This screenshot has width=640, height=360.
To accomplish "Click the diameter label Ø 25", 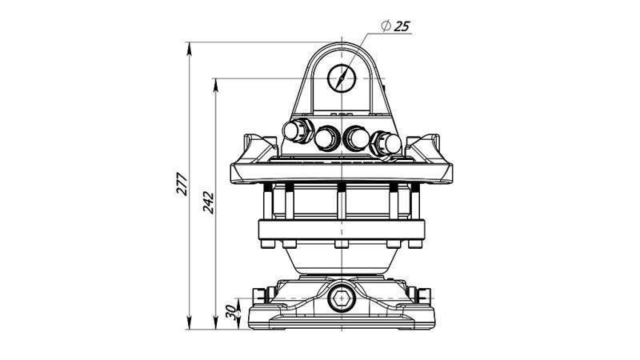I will point(395,27).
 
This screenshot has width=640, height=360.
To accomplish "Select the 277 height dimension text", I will point(182,184).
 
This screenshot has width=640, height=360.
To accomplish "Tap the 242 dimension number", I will point(207,202).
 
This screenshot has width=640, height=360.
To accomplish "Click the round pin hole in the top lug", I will point(342,78).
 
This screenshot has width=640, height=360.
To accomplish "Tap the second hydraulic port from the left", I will point(326,138).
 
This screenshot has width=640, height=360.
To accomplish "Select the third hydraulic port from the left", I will point(354,138).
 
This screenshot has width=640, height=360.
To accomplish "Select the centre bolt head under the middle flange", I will point(342,245).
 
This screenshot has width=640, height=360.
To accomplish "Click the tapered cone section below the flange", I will point(342,262).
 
